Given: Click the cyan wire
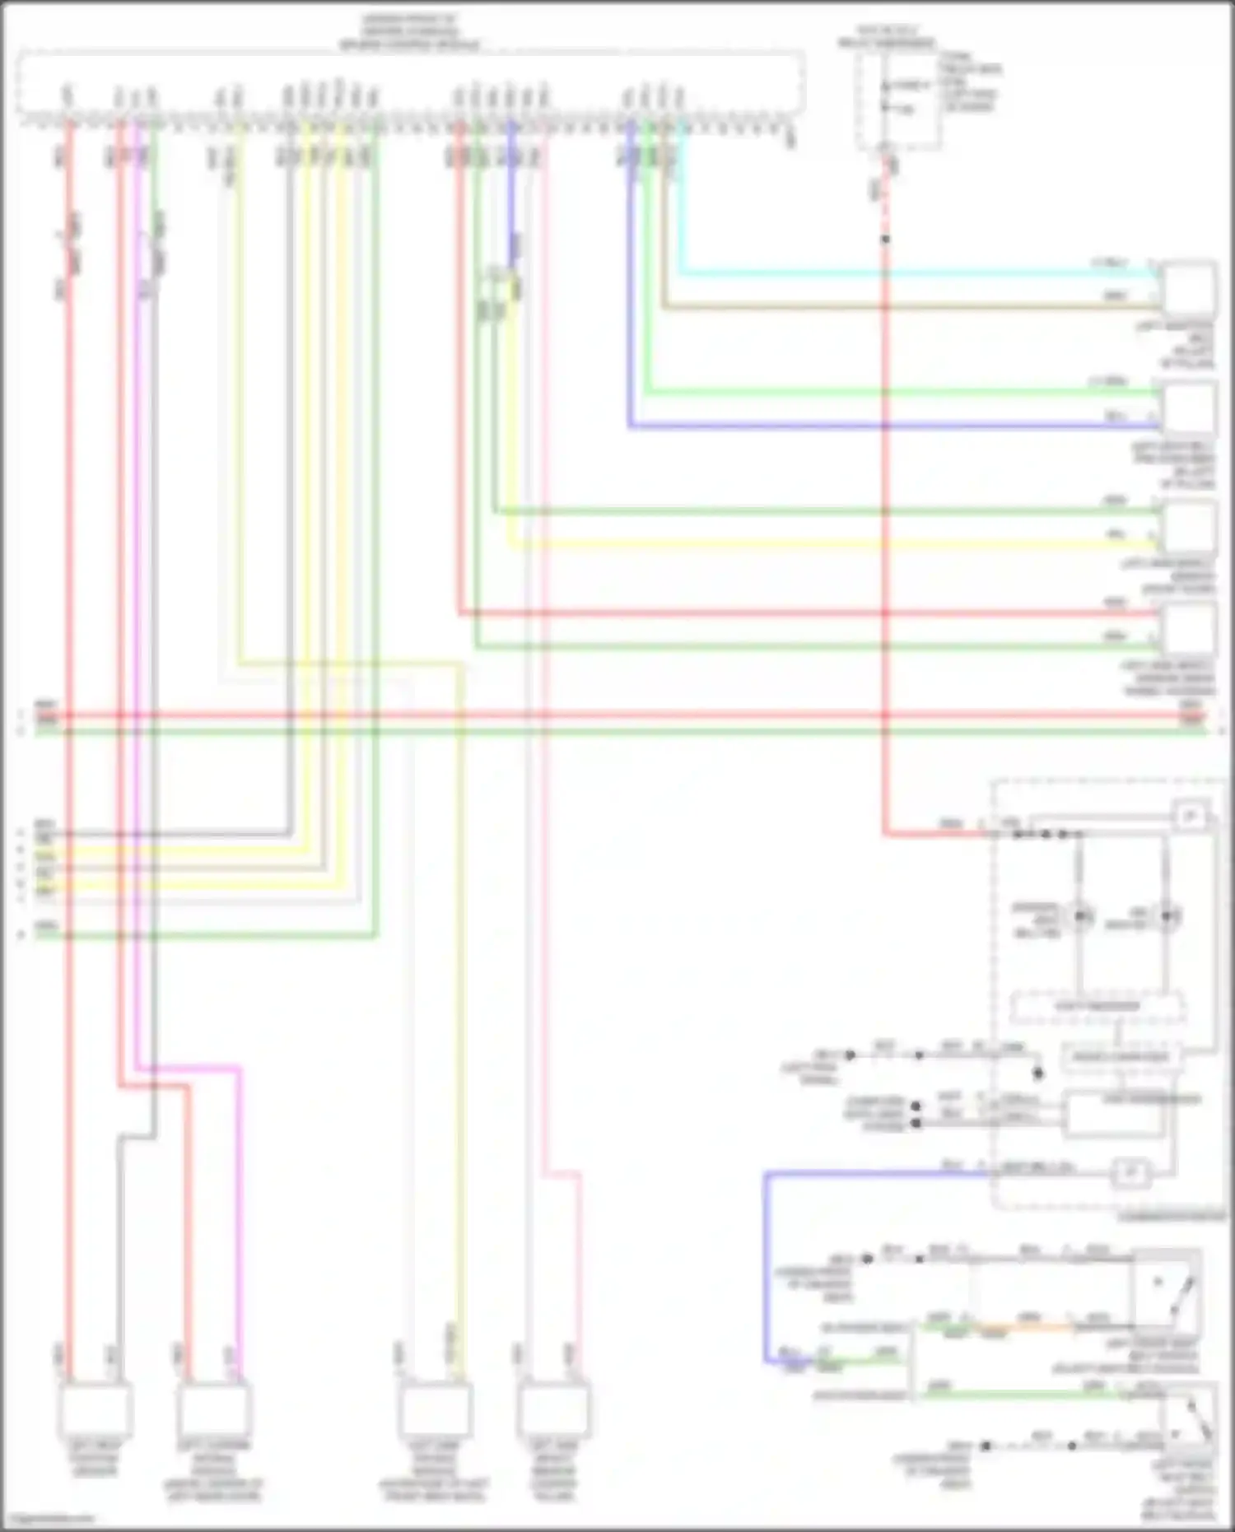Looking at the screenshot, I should [x=906, y=272].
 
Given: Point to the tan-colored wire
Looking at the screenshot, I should [x=906, y=308].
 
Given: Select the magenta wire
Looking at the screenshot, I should [x=239, y=1218].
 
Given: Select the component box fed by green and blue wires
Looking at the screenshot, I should [x=1188, y=408].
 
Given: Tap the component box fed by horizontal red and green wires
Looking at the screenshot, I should [x=1188, y=630].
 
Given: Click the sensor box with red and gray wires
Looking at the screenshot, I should [x=95, y=1409].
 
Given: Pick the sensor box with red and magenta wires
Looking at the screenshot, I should [x=214, y=1409].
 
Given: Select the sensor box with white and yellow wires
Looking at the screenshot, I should [x=435, y=1409].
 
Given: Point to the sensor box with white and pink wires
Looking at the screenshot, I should [x=554, y=1409].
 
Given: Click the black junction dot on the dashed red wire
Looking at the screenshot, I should [x=885, y=240].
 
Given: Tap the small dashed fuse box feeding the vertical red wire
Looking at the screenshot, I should [x=897, y=99].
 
